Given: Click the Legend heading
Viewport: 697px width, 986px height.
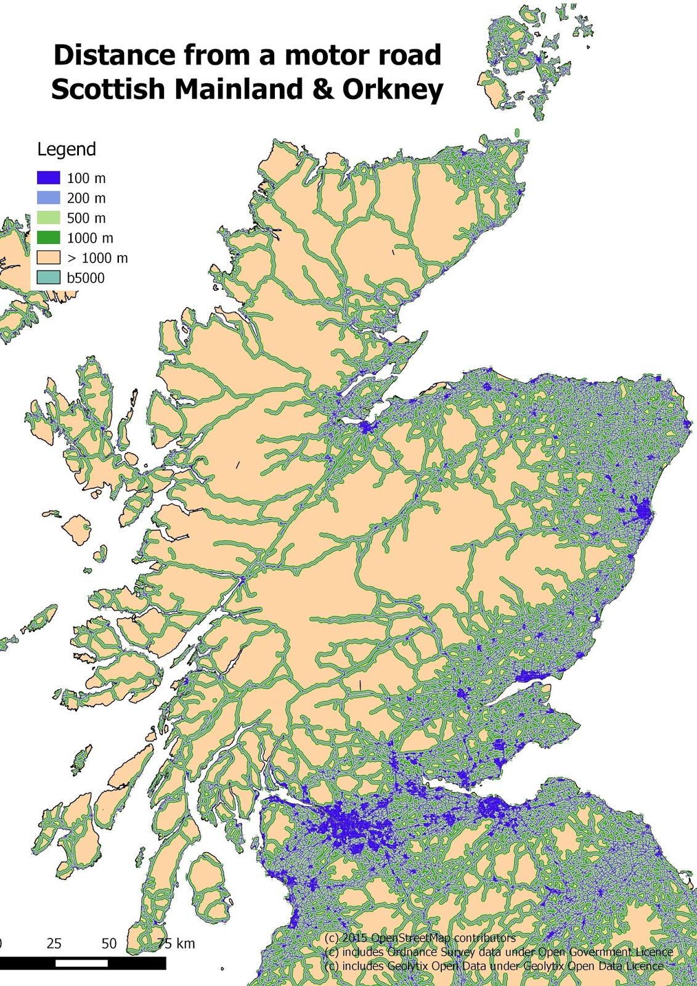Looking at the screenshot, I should pos(67,149).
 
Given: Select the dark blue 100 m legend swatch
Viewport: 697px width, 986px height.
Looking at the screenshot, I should pos(49,178).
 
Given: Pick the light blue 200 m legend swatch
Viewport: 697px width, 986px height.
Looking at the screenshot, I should pos(49,198).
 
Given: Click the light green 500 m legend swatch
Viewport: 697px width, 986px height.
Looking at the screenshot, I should pos(49,218).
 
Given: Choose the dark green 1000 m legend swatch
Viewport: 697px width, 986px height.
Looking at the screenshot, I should pos(49,238).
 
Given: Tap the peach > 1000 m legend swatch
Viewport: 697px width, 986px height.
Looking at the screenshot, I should pos(49,258).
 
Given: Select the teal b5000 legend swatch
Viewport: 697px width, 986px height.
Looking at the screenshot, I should pos(49,278).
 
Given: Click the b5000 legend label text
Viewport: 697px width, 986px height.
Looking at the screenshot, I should pos(86,278).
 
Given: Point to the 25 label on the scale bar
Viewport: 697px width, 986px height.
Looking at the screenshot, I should pos(54,943).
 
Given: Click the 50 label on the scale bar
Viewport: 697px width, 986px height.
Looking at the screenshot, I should pos(109,943).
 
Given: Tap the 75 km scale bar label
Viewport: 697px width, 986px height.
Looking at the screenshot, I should pos(176,943).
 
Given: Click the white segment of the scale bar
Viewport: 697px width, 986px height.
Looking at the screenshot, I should pos(81,963).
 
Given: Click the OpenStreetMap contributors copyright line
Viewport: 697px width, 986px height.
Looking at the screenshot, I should pos(420,938).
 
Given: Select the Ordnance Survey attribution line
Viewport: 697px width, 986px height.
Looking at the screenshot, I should pos(498,952).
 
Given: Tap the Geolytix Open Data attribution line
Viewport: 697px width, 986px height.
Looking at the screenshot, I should pos(494,966).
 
